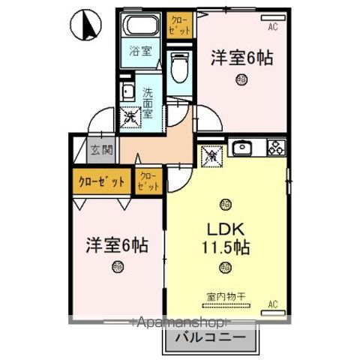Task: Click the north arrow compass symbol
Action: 85,25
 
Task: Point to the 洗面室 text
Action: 148,100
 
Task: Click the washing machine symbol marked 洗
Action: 130,116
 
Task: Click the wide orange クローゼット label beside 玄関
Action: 101,181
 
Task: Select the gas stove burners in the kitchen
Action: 274,148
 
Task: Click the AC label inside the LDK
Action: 273,303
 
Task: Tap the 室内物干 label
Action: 221,295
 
